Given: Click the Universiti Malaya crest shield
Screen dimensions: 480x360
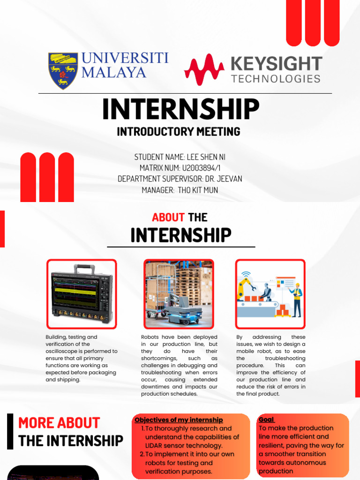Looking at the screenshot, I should pyautogui.click(x=63, y=70).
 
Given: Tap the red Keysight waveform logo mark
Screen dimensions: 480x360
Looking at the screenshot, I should pyautogui.click(x=204, y=70).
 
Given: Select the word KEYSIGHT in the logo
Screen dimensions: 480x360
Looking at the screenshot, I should pyautogui.click(x=277, y=64).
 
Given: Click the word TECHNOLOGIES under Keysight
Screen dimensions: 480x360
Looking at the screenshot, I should pyautogui.click(x=276, y=78).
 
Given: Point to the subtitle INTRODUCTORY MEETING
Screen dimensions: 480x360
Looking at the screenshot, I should pyautogui.click(x=179, y=132).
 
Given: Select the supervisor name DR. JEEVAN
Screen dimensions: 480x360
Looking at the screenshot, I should pyautogui.click(x=224, y=179).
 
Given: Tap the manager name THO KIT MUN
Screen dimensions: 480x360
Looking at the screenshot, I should pyautogui.click(x=198, y=190).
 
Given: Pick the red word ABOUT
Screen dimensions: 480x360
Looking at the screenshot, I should pyautogui.click(x=168, y=217).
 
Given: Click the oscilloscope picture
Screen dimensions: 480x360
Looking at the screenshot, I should pyautogui.click(x=82, y=294).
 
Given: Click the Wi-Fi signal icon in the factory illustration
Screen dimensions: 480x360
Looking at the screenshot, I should pyautogui.click(x=246, y=274).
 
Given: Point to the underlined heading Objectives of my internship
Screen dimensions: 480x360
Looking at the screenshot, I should pyautogui.click(x=179, y=420).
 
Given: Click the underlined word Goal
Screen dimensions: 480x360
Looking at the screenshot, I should pyautogui.click(x=266, y=420).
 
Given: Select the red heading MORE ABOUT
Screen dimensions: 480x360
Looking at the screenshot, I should pyautogui.click(x=59, y=423).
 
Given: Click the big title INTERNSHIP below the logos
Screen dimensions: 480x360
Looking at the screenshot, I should pyautogui.click(x=180, y=109).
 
